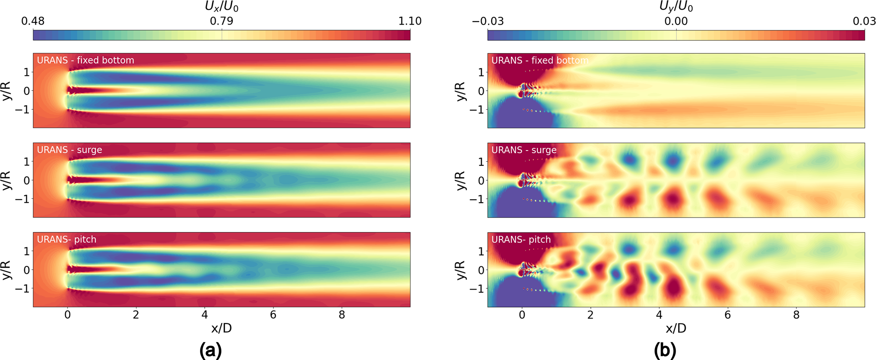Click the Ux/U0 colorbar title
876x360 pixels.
(x=222, y=7)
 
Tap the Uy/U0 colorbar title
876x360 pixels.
(x=676, y=7)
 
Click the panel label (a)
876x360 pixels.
(x=211, y=350)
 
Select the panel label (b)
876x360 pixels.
(x=665, y=350)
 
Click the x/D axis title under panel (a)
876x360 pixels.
(x=222, y=328)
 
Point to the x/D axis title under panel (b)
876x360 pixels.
(x=676, y=328)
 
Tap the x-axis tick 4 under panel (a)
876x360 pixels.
(x=205, y=315)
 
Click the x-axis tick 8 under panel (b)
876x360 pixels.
(x=796, y=315)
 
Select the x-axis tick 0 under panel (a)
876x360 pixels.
(x=67, y=315)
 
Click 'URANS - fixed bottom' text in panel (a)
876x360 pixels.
(x=86, y=60)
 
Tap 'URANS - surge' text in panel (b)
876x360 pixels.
(x=524, y=150)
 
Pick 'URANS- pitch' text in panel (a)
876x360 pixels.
(x=67, y=240)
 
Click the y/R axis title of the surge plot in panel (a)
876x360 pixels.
(x=7, y=181)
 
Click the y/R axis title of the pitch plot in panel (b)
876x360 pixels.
(x=462, y=270)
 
